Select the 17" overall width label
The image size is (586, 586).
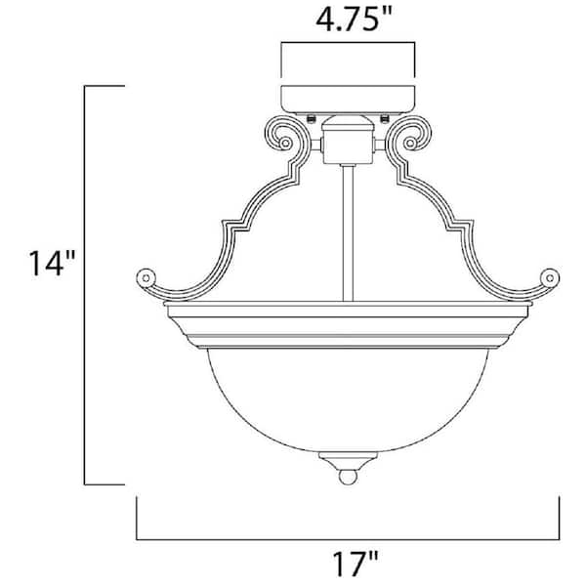click(349, 563)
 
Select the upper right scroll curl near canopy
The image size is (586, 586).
click(411, 137)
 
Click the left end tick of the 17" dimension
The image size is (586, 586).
click(136, 518)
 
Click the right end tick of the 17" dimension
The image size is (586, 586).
click(561, 518)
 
